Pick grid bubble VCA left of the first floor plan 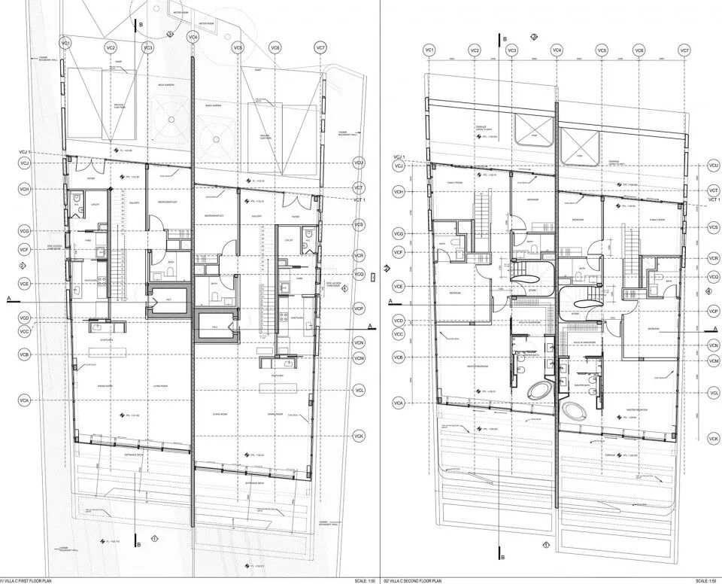[24, 402]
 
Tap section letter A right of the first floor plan [371, 326]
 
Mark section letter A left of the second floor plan [390, 301]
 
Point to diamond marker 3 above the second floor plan [534, 37]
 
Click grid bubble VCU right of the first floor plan [358, 163]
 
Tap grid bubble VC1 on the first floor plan [65, 44]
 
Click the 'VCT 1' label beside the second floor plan [714, 199]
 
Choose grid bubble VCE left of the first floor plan [24, 285]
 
